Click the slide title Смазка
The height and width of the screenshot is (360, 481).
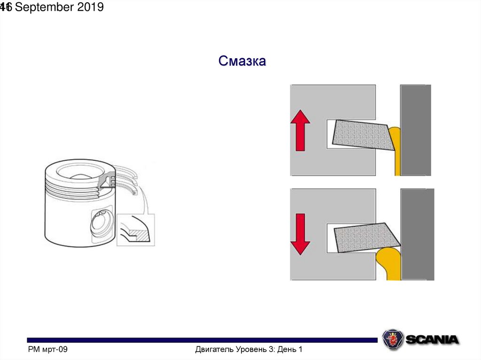pyautogui.click(x=242, y=61)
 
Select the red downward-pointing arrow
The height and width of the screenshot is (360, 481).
pyautogui.click(x=300, y=233)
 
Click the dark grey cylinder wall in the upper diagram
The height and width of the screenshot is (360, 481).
pyautogui.click(x=415, y=130)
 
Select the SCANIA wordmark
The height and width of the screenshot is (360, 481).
pyautogui.click(x=432, y=339)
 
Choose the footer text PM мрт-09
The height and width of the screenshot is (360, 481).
pyautogui.click(x=48, y=350)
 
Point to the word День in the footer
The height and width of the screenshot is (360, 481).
pyautogui.click(x=287, y=350)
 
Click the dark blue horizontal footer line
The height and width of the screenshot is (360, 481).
pyautogui.click(x=202, y=340)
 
